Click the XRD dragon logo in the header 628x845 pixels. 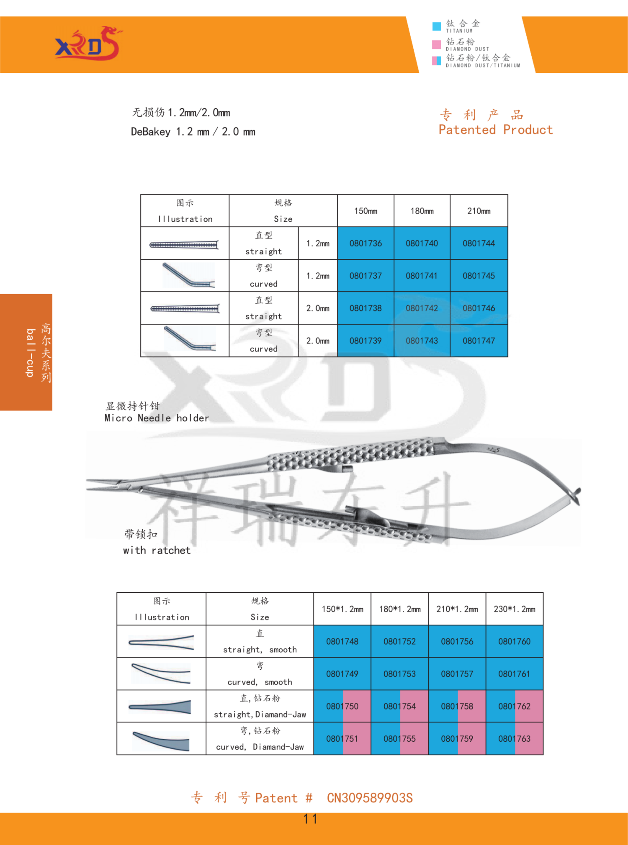[x=88, y=44]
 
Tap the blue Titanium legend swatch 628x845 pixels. [x=436, y=26]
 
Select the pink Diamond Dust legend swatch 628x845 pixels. [x=436, y=44]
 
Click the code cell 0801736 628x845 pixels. [x=365, y=243]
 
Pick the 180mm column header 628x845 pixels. [x=422, y=211]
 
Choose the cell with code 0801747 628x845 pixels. [x=479, y=341]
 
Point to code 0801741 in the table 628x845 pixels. [x=422, y=276]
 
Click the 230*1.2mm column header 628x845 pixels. [x=515, y=609]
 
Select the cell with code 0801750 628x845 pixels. [x=342, y=707]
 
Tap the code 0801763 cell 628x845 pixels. [x=515, y=739]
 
